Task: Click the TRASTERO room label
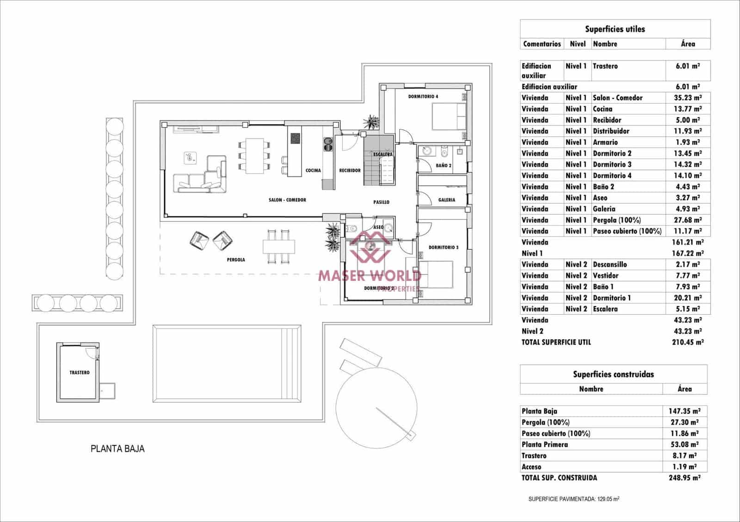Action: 80,372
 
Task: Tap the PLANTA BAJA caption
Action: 117,449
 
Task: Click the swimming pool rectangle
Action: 227,364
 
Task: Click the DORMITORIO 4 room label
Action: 423,97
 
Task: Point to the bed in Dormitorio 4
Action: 449,116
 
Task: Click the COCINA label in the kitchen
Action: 313,170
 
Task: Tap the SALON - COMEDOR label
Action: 287,200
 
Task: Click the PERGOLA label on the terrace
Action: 236,260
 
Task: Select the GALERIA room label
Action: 446,200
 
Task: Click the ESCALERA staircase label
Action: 382,154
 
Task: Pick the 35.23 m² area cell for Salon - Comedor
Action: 687,98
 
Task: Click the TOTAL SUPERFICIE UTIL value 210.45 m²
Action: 687,342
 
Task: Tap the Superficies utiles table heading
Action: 615,29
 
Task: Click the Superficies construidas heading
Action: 613,374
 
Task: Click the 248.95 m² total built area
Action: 684,478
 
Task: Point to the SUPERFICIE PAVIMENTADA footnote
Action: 573,499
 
